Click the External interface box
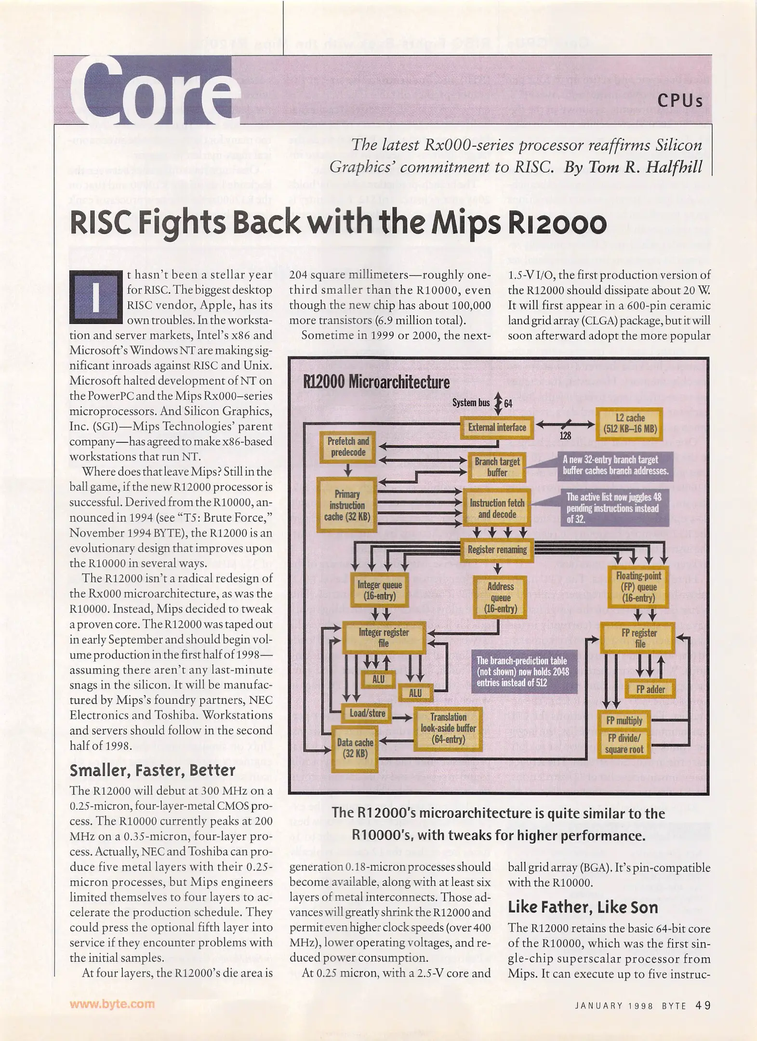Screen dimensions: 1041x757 496,427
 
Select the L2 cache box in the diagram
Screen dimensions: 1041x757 629,424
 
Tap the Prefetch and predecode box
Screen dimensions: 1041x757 347,447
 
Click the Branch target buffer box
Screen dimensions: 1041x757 496,467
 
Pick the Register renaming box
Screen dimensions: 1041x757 497,550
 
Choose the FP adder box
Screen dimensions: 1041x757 650,689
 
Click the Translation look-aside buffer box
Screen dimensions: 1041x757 448,728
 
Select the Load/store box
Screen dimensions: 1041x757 367,713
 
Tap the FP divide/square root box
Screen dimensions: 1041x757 624,744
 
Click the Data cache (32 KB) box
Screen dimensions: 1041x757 355,748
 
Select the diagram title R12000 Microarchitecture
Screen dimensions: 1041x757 376,382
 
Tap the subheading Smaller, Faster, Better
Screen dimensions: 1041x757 153,770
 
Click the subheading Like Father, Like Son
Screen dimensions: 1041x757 583,908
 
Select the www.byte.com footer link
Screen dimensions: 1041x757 112,1004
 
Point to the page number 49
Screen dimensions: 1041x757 703,1005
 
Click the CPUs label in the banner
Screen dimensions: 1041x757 679,101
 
